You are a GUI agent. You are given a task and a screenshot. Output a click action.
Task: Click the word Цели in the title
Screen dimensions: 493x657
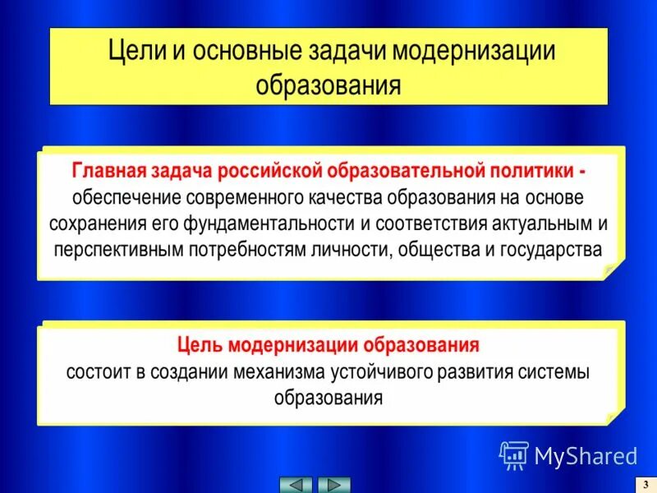(136, 51)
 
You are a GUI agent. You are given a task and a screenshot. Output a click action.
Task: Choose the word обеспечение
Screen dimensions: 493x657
(124, 198)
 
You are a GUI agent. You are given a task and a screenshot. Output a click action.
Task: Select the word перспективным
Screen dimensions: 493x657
(117, 249)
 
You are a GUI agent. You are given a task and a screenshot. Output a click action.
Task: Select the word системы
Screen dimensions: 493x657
(557, 371)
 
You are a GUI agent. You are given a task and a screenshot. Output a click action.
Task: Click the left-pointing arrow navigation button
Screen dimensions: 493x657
(296, 484)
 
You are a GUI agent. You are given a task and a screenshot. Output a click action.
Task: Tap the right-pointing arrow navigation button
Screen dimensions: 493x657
(333, 484)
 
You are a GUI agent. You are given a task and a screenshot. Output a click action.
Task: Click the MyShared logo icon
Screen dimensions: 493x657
(514, 454)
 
